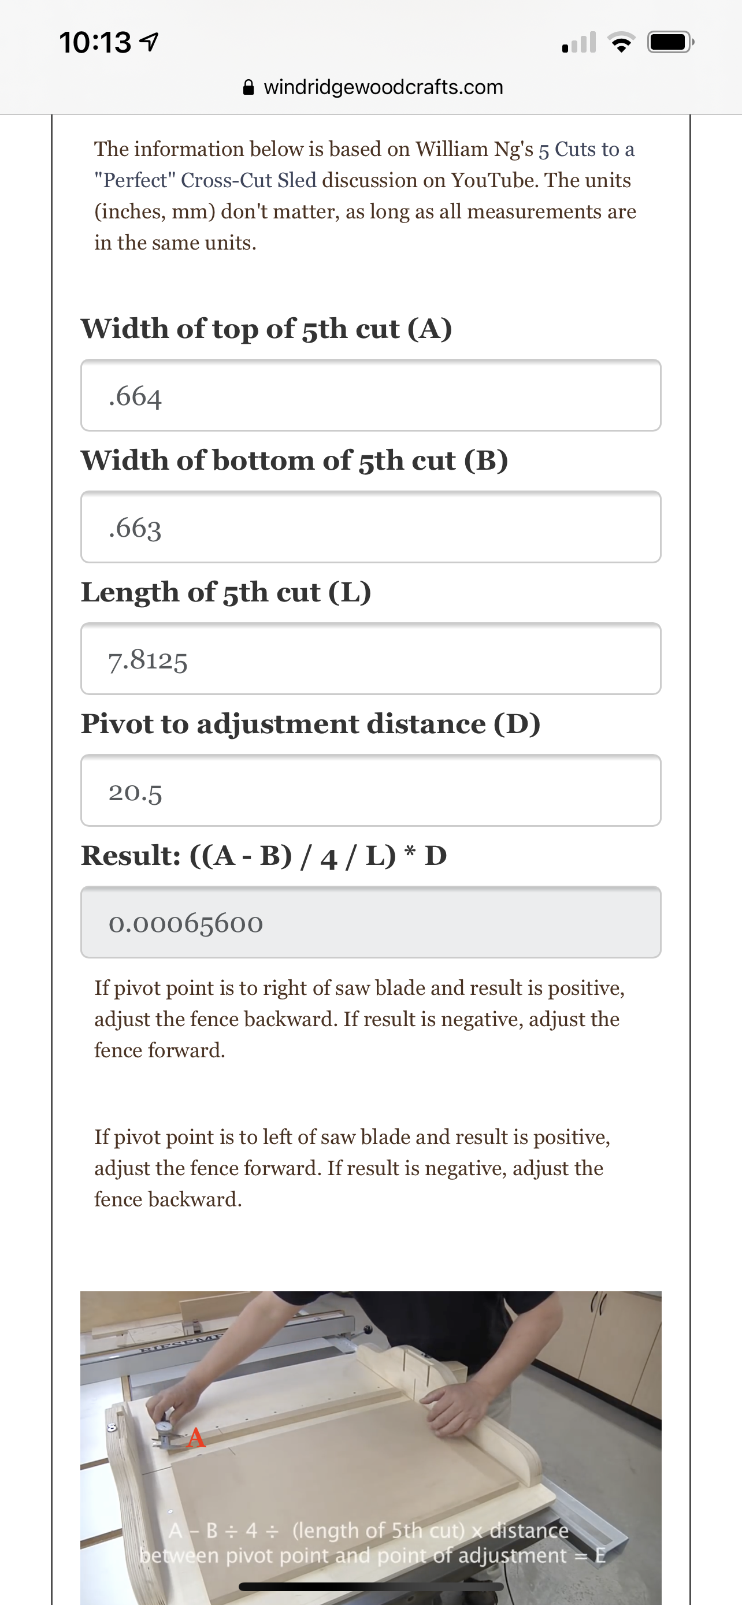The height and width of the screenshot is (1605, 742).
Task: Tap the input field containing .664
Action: click(x=370, y=395)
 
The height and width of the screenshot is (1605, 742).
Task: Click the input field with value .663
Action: click(x=370, y=527)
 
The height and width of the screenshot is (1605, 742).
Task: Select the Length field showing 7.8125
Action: click(x=370, y=659)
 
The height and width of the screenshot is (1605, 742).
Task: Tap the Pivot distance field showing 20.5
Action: click(x=370, y=791)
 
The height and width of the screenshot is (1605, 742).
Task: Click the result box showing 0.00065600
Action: click(x=370, y=922)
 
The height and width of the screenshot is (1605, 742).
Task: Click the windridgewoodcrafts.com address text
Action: click(x=383, y=87)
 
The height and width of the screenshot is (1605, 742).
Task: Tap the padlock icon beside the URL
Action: click(x=248, y=87)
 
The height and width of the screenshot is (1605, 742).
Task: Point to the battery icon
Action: click(x=670, y=42)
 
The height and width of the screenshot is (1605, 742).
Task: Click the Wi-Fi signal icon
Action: click(x=621, y=43)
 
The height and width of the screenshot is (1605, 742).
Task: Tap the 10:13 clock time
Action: click(x=95, y=42)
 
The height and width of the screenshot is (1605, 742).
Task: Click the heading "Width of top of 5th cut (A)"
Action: click(x=266, y=328)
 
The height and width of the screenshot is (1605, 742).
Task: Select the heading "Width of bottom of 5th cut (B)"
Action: click(x=294, y=460)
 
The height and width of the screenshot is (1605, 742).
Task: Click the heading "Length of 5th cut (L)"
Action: click(x=225, y=592)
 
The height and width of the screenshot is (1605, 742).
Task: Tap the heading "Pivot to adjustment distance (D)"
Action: click(x=310, y=724)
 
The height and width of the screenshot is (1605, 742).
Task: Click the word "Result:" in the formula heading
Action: click(x=131, y=856)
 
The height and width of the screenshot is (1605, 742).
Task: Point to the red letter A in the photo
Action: click(x=196, y=1438)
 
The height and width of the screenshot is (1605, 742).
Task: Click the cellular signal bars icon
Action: click(x=579, y=43)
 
